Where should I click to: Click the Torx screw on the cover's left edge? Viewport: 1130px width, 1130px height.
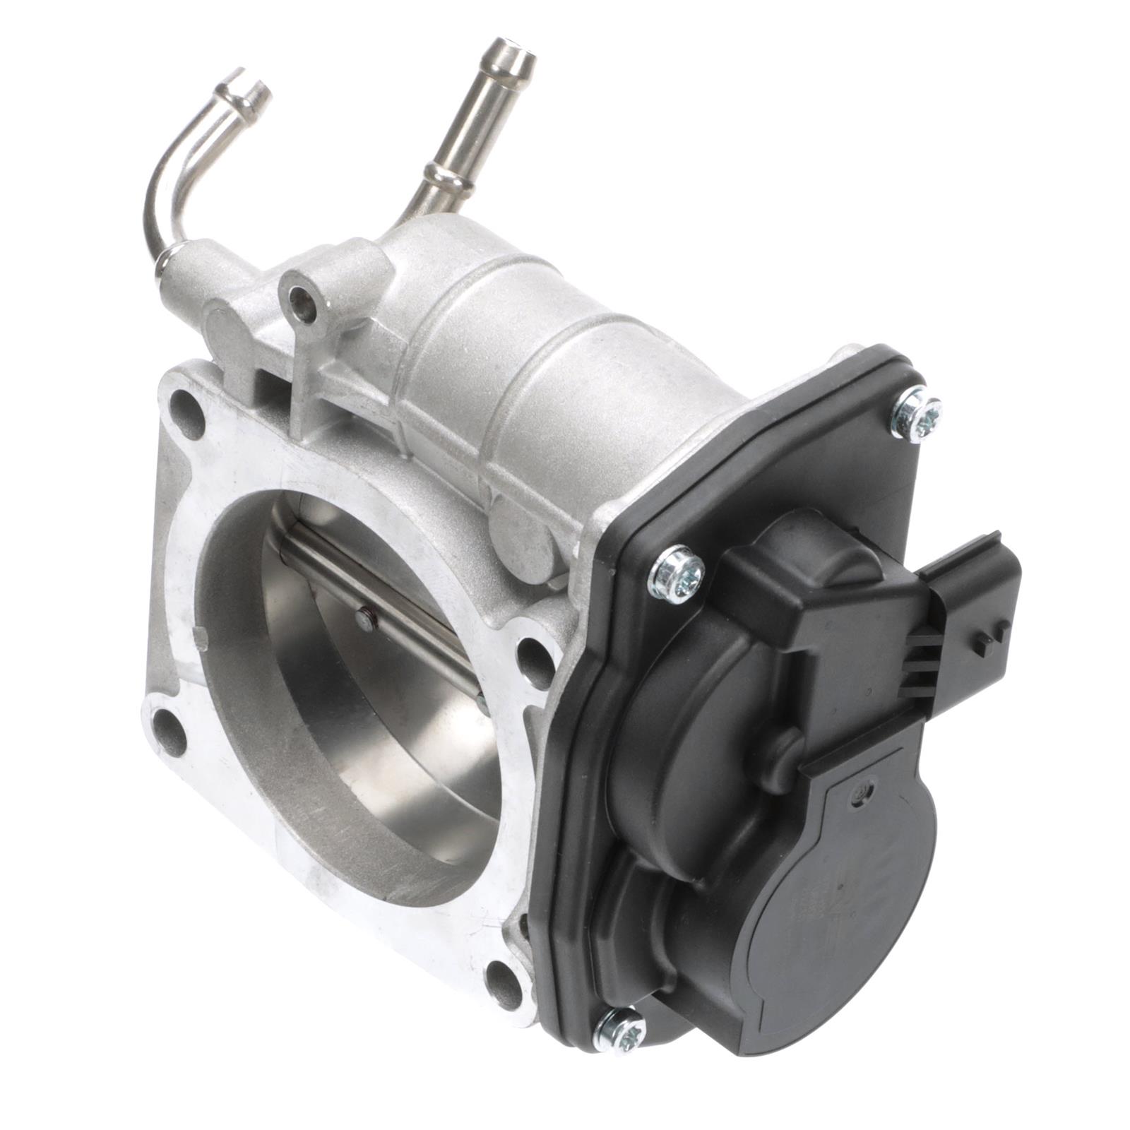point(677,574)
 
